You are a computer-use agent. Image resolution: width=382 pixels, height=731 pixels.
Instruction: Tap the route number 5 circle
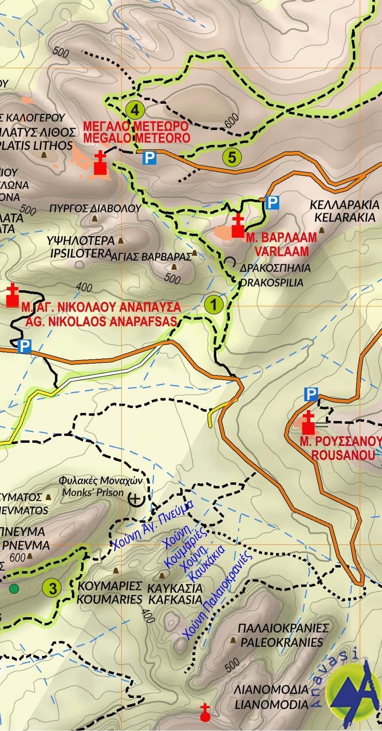click(x=232, y=157)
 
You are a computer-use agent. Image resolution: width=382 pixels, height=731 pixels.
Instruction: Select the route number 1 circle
click(x=213, y=304)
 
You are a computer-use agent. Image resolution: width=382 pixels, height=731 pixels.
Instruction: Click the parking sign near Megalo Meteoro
click(x=150, y=157)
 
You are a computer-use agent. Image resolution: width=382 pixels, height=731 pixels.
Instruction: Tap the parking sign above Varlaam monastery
click(x=273, y=203)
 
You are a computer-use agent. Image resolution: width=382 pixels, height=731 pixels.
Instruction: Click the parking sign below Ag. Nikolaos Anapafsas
click(x=25, y=346)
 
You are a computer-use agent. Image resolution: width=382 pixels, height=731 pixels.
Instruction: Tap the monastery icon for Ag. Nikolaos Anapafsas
click(x=13, y=296)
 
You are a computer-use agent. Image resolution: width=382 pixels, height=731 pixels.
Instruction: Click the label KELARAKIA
click(x=345, y=217)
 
